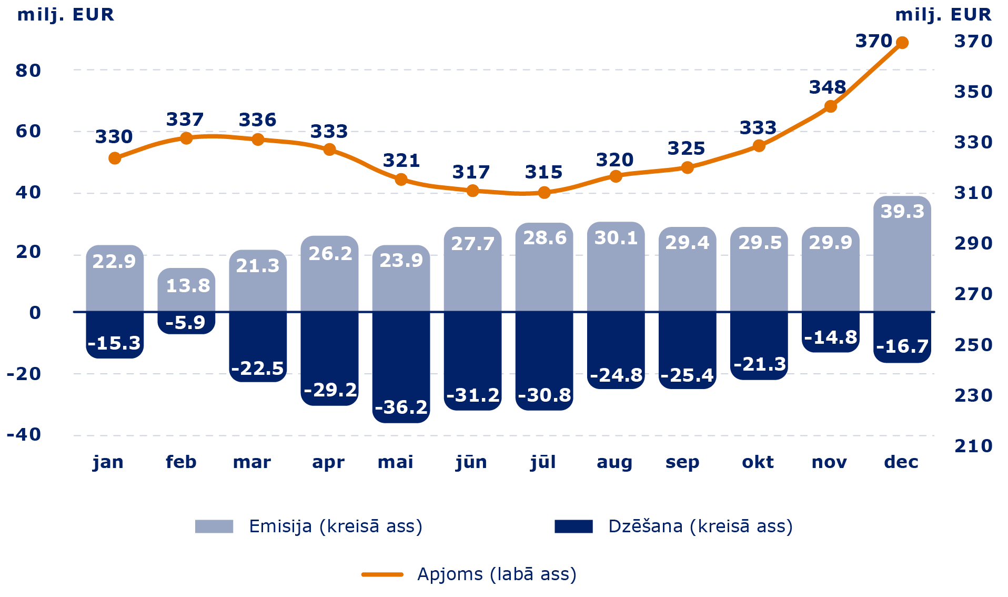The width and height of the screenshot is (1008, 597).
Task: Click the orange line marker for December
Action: [902, 43]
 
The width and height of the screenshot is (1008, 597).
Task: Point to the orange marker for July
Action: [545, 193]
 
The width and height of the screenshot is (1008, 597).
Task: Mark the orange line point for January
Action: [115, 158]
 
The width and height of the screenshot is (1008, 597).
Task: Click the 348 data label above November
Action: [828, 87]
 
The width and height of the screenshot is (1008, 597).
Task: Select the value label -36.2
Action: [401, 407]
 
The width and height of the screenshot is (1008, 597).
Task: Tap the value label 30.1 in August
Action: [616, 238]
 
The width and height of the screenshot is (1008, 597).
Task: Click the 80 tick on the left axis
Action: [28, 70]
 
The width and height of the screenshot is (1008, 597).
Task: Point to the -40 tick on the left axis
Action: [24, 434]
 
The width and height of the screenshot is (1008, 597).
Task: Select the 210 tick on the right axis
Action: [973, 446]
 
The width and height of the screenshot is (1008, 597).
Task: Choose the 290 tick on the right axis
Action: [973, 243]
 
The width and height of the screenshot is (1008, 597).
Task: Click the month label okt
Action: [758, 462]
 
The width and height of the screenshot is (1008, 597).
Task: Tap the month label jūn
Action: [471, 462]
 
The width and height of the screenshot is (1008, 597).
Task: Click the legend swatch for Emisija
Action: [214, 526]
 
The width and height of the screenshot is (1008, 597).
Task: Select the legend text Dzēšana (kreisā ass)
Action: [700, 526]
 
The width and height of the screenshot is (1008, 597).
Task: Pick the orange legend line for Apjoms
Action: [382, 574]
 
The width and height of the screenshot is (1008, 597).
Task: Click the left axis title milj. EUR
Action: [65, 14]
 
